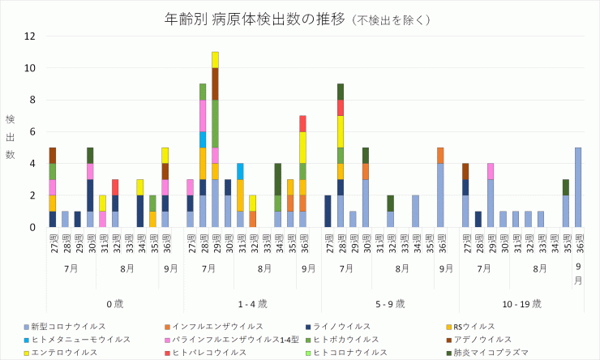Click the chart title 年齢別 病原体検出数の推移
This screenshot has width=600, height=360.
pos(243,18)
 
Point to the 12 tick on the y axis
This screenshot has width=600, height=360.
pos(30,36)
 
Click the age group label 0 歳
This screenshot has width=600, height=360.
pos(115,303)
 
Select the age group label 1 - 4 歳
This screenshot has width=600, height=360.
pos(253,303)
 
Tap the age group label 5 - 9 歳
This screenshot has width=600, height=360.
pos(390,303)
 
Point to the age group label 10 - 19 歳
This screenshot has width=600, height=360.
pos(522,303)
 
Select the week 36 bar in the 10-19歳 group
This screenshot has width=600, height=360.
pos(579,187)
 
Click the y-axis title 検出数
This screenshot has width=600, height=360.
pos(11,136)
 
